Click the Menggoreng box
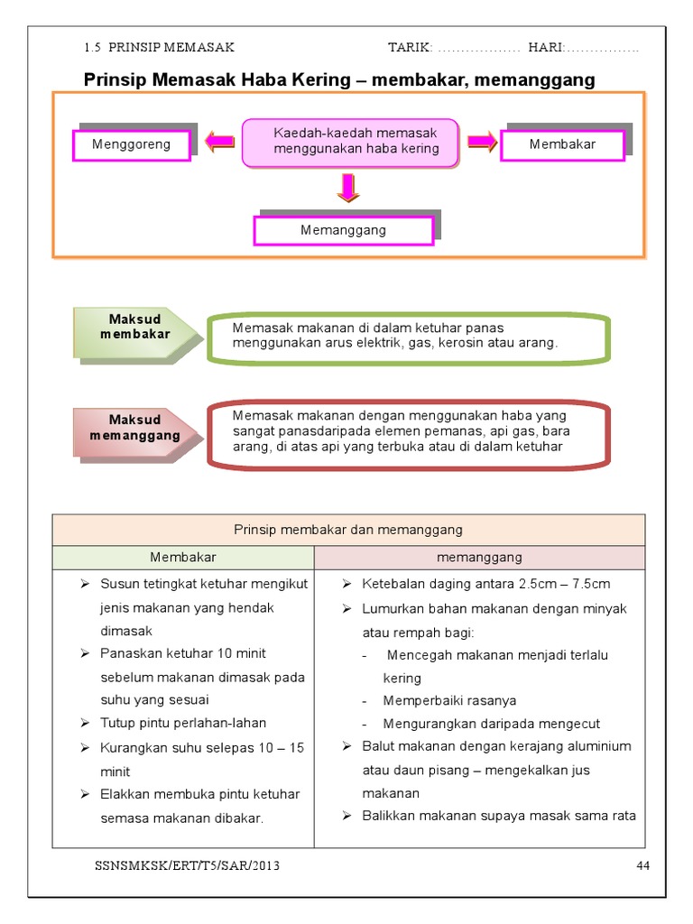[132, 144]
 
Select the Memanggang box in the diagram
[343, 230]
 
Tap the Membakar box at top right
[562, 144]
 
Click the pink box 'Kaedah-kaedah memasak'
[351, 142]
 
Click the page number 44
[642, 866]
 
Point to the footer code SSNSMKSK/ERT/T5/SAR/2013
[187, 866]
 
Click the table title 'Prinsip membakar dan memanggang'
[348, 530]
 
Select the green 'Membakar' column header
[183, 558]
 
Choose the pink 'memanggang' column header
[479, 558]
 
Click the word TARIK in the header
[409, 47]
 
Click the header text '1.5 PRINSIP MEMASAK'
[159, 47]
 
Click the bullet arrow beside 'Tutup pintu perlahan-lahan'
[84, 723]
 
